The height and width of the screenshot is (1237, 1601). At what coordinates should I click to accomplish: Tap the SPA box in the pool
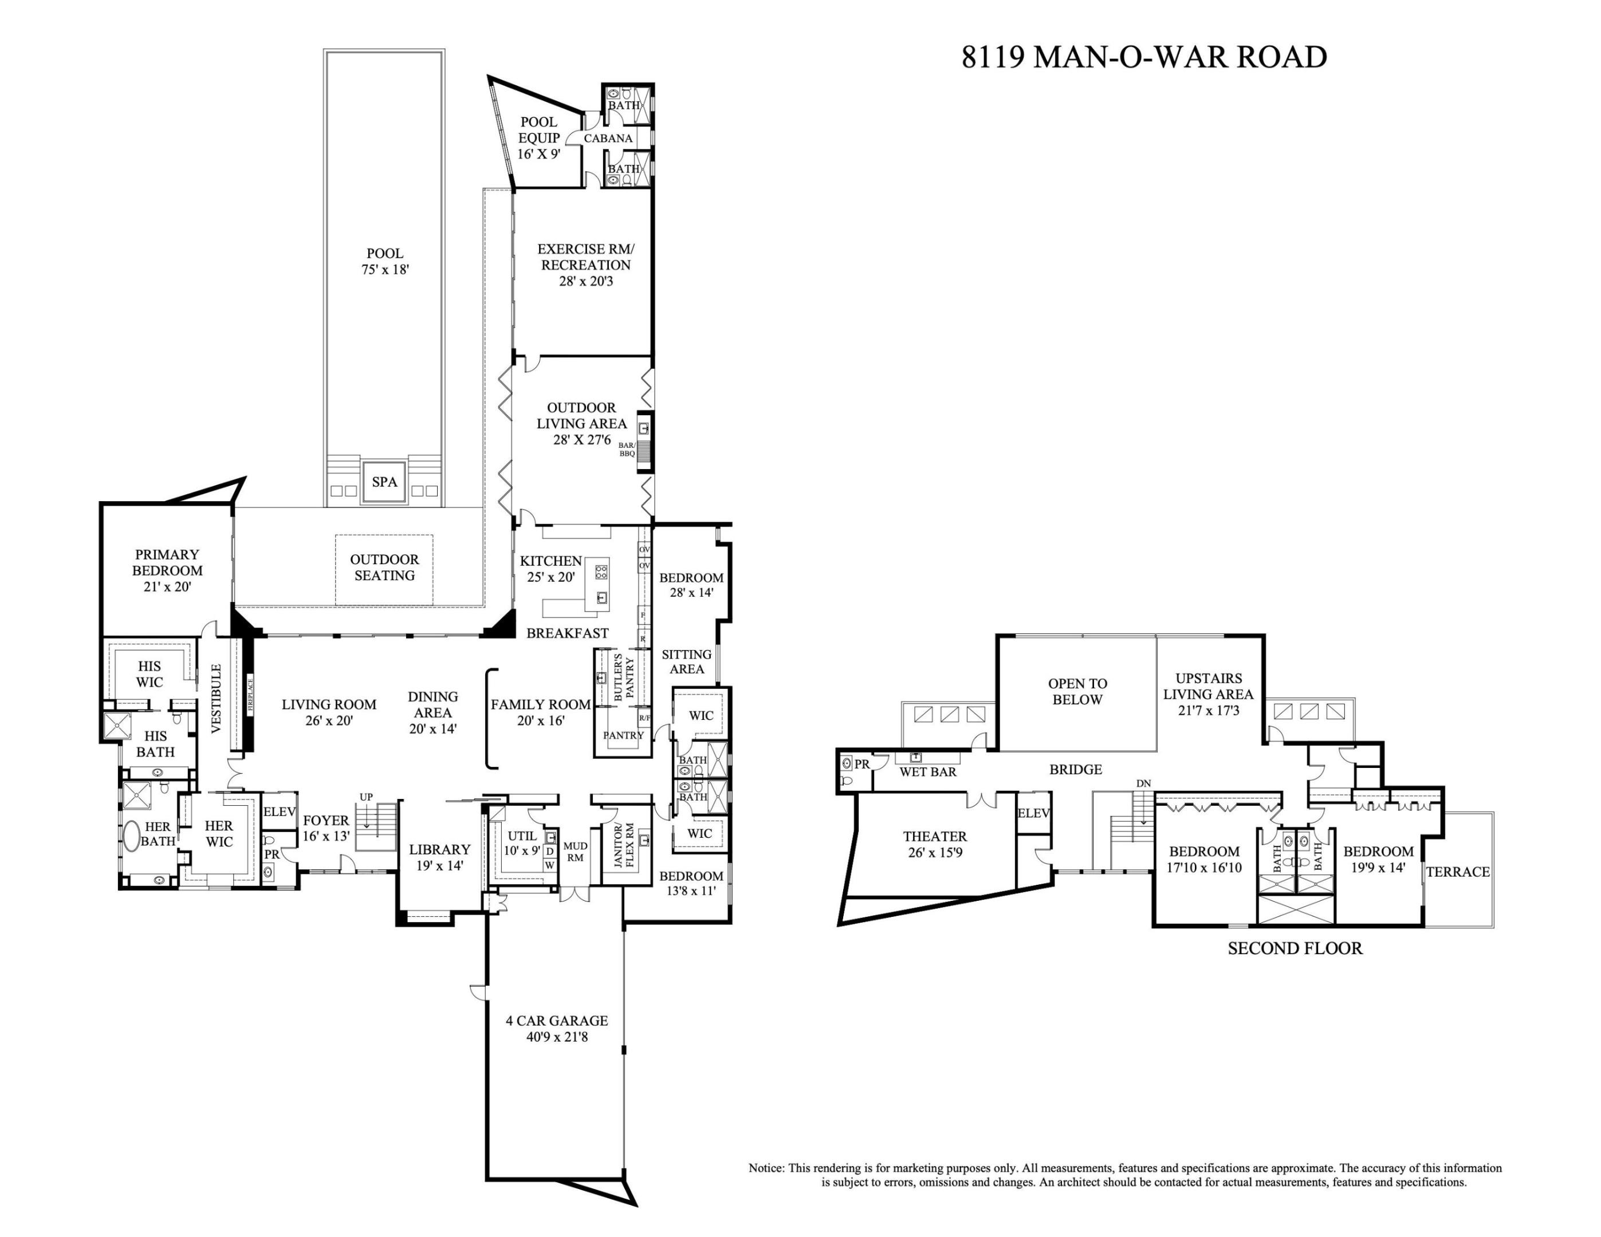(384, 482)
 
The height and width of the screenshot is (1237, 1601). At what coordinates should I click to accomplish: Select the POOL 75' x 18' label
(384, 262)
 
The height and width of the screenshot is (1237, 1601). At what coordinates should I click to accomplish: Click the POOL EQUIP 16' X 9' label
(539, 138)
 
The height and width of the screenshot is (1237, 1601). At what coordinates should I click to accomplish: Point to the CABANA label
(608, 138)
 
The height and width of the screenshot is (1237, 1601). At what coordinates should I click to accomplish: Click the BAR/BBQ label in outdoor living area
(627, 449)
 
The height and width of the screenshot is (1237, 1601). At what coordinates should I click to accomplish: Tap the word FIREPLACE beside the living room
(249, 695)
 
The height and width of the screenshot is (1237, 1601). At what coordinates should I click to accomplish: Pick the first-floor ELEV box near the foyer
(280, 812)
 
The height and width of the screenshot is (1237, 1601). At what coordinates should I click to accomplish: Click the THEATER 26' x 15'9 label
(935, 844)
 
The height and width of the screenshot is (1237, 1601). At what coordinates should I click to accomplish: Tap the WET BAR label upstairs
(927, 771)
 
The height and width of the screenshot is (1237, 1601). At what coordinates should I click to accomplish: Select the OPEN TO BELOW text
(1077, 691)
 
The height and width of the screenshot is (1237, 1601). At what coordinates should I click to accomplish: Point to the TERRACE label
(1457, 871)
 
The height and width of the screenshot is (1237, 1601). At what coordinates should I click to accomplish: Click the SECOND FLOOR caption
(1295, 948)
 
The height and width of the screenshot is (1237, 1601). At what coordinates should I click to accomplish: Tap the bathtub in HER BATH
(131, 836)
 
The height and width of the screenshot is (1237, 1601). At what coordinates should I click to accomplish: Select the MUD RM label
(575, 852)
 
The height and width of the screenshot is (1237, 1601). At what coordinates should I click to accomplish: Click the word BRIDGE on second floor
(1075, 770)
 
